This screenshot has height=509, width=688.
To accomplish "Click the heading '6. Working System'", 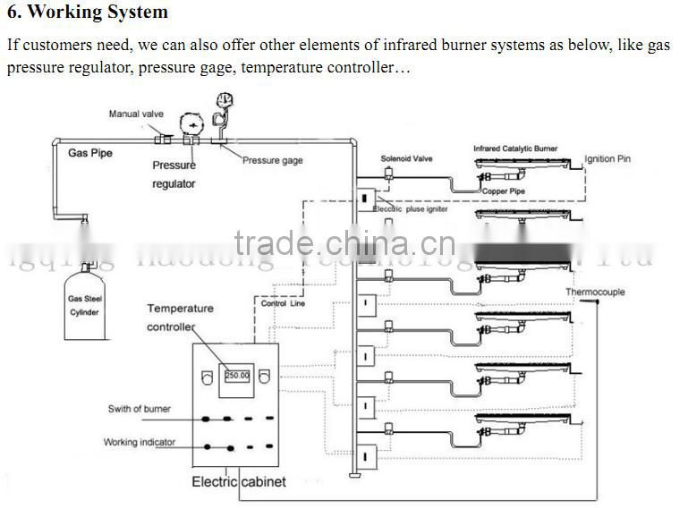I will [x=88, y=13].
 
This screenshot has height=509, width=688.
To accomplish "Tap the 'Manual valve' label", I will [x=135, y=114].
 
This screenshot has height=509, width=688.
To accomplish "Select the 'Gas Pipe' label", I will [x=90, y=153].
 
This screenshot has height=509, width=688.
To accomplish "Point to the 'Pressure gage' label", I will [x=273, y=160].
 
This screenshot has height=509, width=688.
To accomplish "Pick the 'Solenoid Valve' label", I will [x=406, y=158].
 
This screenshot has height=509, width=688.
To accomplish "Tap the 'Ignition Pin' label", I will [x=607, y=159].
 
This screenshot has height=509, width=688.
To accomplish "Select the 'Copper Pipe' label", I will [x=503, y=191].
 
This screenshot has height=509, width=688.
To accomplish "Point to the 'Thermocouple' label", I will [x=595, y=293].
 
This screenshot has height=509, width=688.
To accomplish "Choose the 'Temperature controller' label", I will [x=180, y=318].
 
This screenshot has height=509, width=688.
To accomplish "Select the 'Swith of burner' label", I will [x=139, y=410].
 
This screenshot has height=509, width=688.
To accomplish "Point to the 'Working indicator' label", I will [x=140, y=442].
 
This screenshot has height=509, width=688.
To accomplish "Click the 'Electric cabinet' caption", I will [x=239, y=482].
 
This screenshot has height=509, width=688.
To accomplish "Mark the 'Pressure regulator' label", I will [x=174, y=174].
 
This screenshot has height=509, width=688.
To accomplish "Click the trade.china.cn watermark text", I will [x=344, y=243].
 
